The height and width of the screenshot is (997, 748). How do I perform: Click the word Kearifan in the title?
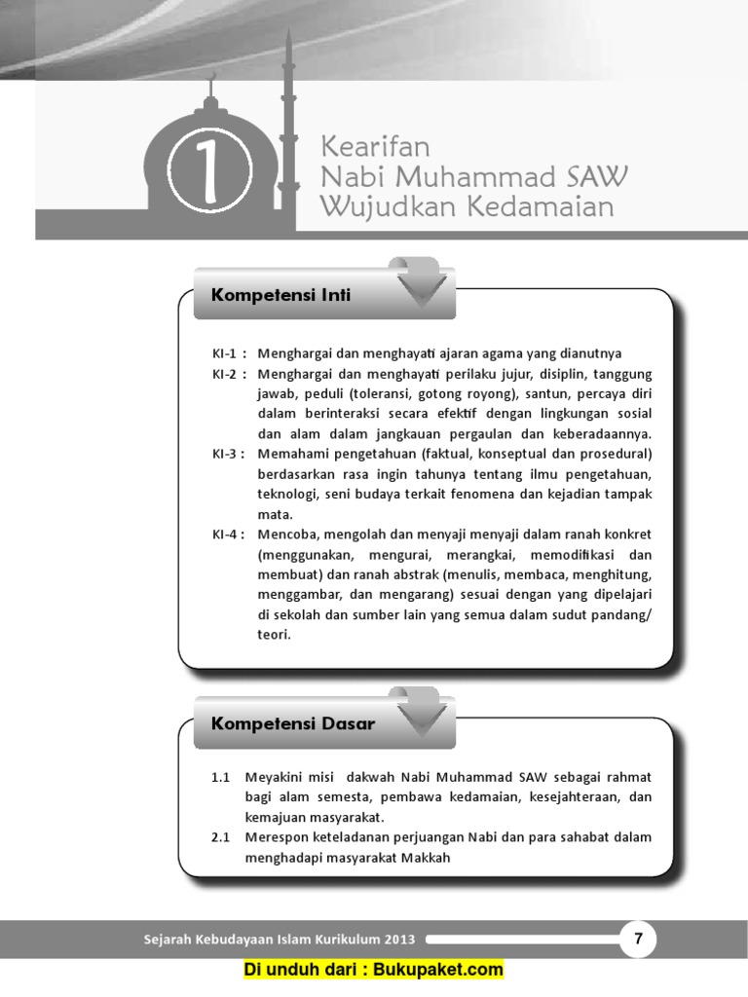tap(375, 148)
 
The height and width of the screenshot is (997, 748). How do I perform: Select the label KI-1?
tap(227, 353)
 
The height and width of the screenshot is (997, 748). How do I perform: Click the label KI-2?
tap(227, 374)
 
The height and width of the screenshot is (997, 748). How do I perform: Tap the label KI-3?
tap(227, 455)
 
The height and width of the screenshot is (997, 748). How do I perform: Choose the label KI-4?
tap(227, 535)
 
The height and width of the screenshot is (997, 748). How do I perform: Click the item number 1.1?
tap(220, 777)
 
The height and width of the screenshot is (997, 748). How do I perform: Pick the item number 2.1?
tap(220, 837)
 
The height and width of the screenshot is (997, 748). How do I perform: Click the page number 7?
tap(638, 940)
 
